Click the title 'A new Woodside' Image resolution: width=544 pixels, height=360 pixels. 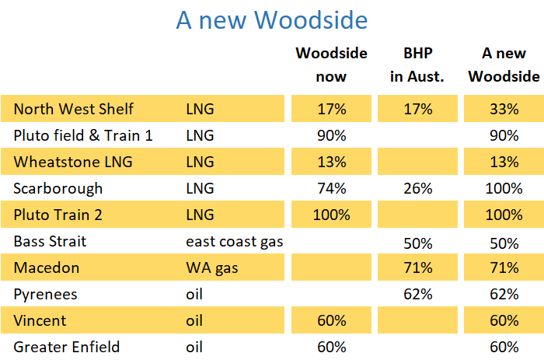click(x=271, y=20)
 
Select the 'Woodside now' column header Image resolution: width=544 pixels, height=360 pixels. click(x=331, y=65)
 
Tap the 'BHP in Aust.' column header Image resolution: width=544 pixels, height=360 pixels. click(x=417, y=65)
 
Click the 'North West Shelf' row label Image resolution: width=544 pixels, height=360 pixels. click(x=74, y=109)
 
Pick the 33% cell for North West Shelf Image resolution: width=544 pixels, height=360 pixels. click(x=504, y=109)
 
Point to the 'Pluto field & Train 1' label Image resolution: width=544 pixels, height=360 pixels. click(x=83, y=135)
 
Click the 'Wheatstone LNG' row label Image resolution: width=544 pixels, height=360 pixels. click(x=73, y=162)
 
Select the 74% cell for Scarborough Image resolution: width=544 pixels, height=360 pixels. click(x=331, y=188)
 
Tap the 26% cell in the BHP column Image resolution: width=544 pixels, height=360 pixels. click(x=417, y=188)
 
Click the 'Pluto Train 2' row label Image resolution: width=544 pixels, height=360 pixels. click(x=62, y=215)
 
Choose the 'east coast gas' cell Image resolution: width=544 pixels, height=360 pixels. click(x=234, y=241)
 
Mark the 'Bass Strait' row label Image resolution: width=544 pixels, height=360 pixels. click(x=50, y=241)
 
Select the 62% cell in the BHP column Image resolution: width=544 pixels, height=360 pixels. click(x=417, y=294)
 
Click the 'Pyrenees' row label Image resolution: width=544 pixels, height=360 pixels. click(x=46, y=294)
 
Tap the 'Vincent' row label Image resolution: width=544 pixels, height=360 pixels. click(x=40, y=320)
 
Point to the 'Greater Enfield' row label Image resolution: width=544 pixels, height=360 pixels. click(x=67, y=347)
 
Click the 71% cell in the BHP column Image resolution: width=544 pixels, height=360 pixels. click(x=417, y=267)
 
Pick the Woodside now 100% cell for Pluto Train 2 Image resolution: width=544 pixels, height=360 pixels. click(x=331, y=215)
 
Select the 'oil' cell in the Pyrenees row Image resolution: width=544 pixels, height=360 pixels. click(x=195, y=294)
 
